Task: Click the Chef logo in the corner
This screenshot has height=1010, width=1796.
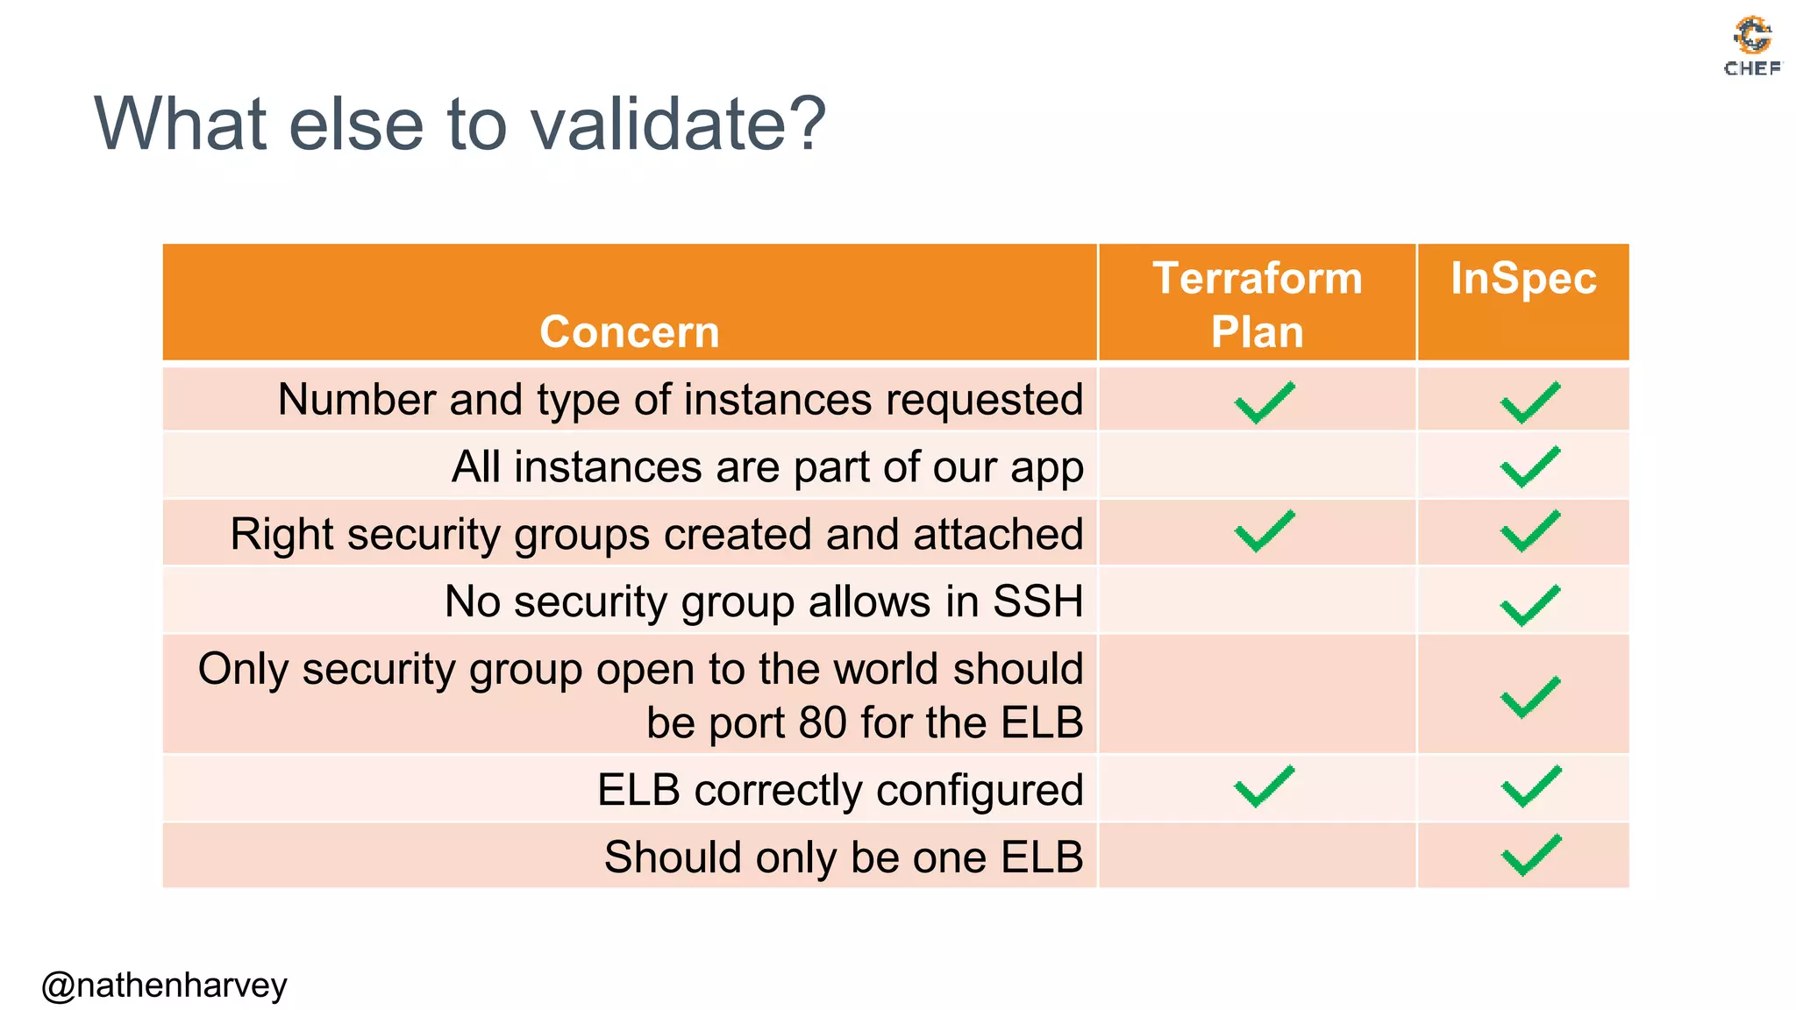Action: [1752, 46]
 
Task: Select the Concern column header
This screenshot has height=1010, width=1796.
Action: [630, 331]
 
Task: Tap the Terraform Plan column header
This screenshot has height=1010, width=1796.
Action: [1257, 304]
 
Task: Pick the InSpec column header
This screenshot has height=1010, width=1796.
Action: [1523, 279]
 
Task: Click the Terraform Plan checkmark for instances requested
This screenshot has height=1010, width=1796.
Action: [1264, 402]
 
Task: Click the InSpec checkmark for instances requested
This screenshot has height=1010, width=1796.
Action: [1530, 402]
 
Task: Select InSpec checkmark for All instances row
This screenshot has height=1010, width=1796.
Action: [1530, 466]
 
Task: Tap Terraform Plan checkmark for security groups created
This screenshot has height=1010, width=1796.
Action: [1264, 531]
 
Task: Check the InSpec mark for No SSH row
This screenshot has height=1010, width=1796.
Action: [1530, 605]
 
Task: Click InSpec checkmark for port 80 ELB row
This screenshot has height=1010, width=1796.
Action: [1530, 697]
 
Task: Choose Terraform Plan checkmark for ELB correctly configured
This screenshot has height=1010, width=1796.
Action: [1264, 786]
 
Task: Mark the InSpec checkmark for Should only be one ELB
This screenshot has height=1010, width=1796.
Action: [1531, 855]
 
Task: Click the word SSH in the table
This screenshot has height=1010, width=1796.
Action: [1037, 601]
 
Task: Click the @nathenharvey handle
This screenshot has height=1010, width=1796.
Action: [164, 985]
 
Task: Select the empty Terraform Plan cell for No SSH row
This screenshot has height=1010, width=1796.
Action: [1257, 601]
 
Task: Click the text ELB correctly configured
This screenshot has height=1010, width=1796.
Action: [840, 790]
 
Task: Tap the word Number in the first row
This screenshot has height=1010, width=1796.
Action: [356, 400]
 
